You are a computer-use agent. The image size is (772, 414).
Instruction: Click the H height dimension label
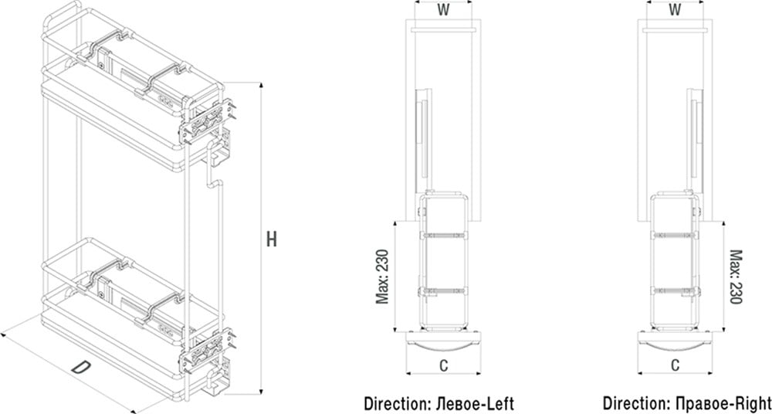271,239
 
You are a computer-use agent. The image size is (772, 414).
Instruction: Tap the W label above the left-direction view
442,10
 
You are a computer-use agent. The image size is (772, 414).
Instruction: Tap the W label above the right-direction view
674,10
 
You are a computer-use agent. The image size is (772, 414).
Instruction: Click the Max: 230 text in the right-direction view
736,276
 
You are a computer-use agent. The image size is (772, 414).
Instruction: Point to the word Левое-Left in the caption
476,403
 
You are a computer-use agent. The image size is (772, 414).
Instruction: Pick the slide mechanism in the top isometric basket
124,62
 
